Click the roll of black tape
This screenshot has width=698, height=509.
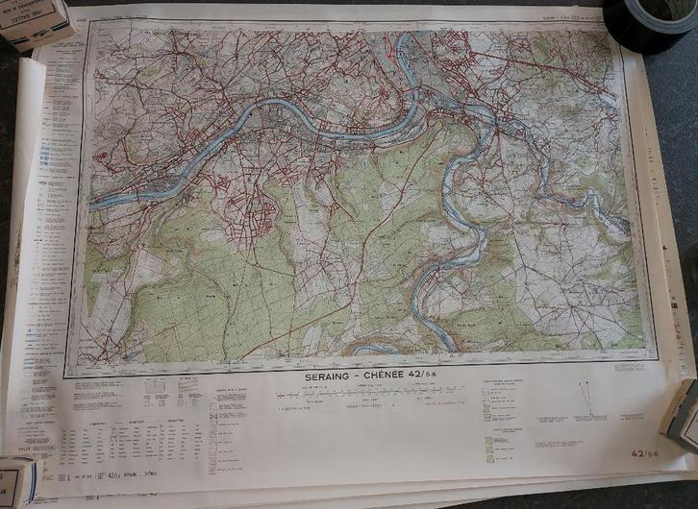coord(650,23)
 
